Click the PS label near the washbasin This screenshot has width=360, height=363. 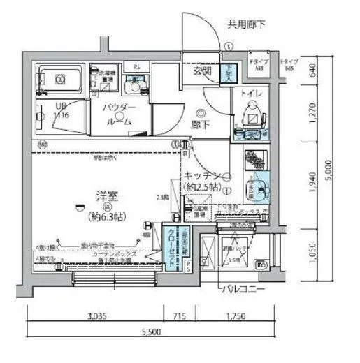tap(137, 67)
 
